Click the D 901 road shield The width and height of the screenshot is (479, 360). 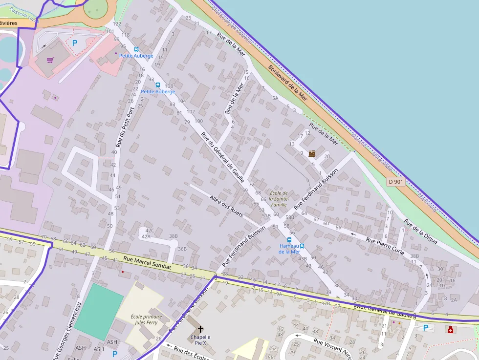[x=396, y=182]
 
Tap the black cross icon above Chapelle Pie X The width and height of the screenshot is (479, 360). [x=200, y=329]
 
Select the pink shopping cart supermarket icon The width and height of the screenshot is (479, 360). [x=50, y=60]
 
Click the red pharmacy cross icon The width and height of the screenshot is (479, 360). [x=450, y=330]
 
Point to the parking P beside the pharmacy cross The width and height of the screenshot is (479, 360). [x=425, y=328]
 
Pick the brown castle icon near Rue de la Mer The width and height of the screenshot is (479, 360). [x=312, y=153]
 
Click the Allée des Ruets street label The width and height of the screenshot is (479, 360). [x=226, y=206]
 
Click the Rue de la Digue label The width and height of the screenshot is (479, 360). [x=421, y=231]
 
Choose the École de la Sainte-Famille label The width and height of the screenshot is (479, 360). [x=279, y=199]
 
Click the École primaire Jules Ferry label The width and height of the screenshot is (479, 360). [x=146, y=319]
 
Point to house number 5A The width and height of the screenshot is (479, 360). [x=275, y=98]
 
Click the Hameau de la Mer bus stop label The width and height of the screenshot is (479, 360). [x=289, y=249]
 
